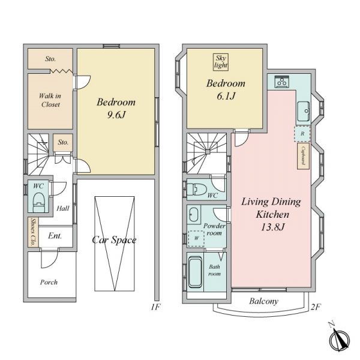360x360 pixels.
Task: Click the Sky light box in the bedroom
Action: point(221,62)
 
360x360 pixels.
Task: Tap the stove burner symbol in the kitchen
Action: point(282,82)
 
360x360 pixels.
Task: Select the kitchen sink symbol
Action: point(304,112)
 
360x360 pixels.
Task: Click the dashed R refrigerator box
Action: point(302,133)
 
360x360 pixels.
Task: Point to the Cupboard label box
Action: point(303,156)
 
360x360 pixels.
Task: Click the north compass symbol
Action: point(339,338)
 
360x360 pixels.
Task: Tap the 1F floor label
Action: point(155,307)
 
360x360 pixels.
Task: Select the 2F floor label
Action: point(316,307)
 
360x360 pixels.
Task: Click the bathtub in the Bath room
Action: point(196,272)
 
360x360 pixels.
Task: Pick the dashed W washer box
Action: point(196,238)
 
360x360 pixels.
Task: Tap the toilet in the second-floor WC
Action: point(197,189)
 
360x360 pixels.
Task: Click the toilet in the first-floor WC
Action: point(38,202)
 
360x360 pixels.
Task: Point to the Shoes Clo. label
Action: point(33,232)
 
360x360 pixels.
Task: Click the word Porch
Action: point(49,282)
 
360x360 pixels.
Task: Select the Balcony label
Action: point(264,301)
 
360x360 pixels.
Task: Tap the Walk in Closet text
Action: point(50,100)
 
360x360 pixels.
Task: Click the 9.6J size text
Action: point(116,115)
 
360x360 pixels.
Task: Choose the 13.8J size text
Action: point(272,227)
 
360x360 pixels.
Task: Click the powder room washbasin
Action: point(194,214)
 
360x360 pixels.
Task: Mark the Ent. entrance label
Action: point(55,236)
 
